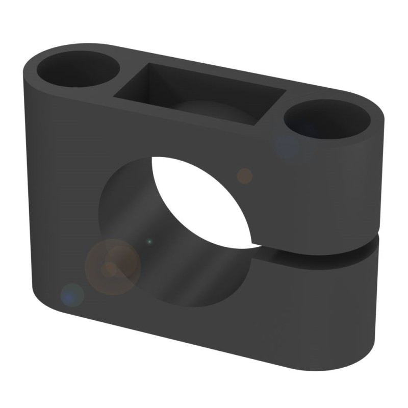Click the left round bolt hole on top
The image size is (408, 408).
78,70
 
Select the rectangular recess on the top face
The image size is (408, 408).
199,94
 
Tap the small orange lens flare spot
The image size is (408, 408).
245,175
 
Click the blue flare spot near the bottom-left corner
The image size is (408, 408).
72,295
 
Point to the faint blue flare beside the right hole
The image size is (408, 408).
288,145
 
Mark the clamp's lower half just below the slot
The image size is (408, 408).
316,296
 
